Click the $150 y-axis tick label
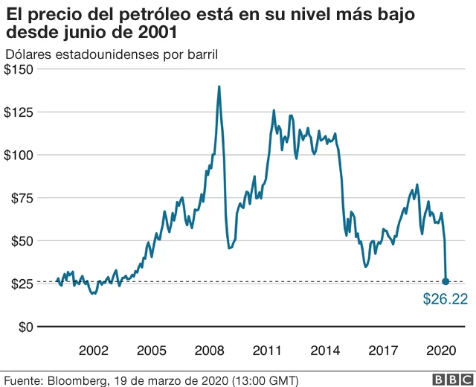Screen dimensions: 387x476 19,70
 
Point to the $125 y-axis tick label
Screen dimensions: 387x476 19,112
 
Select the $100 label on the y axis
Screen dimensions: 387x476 19,155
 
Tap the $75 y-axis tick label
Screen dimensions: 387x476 22,198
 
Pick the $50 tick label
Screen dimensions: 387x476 22,241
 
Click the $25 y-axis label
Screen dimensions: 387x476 22,284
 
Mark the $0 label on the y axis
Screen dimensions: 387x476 25,327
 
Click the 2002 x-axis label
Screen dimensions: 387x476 94,350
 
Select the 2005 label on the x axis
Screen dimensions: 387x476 152,350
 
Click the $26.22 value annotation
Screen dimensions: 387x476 445,299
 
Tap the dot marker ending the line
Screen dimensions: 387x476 446,281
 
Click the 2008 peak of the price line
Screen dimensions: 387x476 219,86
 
